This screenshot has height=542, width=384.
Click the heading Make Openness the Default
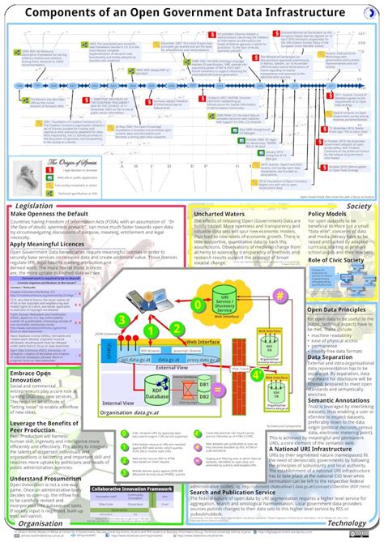[50, 215]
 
